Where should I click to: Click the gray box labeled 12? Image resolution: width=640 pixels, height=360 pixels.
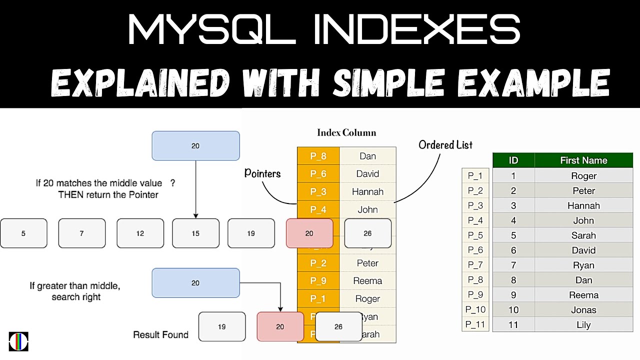pyautogui.click(x=140, y=233)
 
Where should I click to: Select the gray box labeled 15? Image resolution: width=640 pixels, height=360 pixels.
pyautogui.click(x=195, y=233)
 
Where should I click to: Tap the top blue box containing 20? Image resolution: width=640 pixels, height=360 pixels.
pyautogui.click(x=195, y=145)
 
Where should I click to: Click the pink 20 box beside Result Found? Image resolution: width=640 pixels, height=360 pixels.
pyautogui.click(x=280, y=326)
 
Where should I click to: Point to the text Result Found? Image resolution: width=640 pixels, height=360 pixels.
pyautogui.click(x=160, y=334)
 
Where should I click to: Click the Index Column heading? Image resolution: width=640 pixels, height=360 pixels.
pyautogui.click(x=346, y=132)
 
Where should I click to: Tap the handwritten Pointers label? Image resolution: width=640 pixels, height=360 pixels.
pyautogui.click(x=262, y=173)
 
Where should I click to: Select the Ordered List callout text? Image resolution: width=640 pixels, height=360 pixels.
pyautogui.click(x=445, y=145)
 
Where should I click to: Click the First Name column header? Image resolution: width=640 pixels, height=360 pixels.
pyautogui.click(x=583, y=160)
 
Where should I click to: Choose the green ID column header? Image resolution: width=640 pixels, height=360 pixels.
pyautogui.click(x=513, y=160)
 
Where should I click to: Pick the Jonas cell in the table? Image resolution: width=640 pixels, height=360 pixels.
pyautogui.click(x=583, y=310)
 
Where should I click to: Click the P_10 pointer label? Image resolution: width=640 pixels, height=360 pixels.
pyautogui.click(x=475, y=310)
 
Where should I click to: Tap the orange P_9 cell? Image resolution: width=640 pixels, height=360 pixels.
pyautogui.click(x=318, y=281)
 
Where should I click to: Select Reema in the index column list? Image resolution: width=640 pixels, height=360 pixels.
pyautogui.click(x=367, y=281)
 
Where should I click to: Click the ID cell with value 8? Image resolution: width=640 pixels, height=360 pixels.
pyautogui.click(x=513, y=280)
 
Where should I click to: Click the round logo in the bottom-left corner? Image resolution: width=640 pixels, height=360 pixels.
pyautogui.click(x=18, y=341)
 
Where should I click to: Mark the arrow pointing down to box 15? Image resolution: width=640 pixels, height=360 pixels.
pyautogui.click(x=195, y=190)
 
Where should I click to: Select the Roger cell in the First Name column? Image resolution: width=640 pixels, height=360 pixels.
pyautogui.click(x=583, y=175)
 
